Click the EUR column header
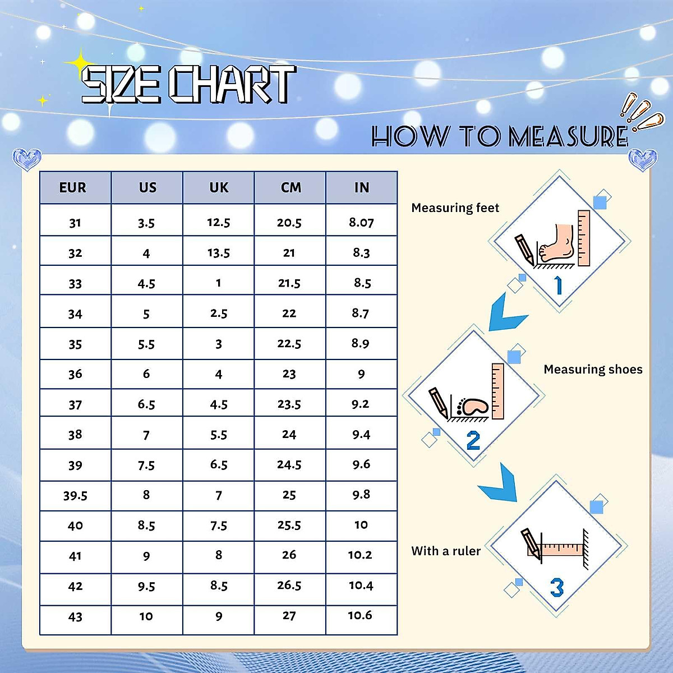point(73,187)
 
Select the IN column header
point(362,187)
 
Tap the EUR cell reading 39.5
point(75,495)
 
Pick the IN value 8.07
point(361,222)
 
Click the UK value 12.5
point(219,222)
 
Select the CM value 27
point(289,615)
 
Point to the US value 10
point(146,616)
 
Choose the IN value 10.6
point(360,615)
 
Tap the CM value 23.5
point(289,404)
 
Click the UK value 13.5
point(219,252)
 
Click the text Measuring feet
point(455,208)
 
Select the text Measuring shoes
point(593,369)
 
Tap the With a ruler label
point(446,551)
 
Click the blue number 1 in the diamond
point(559,285)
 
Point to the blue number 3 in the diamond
point(556,587)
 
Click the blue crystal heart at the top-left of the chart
point(27,159)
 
